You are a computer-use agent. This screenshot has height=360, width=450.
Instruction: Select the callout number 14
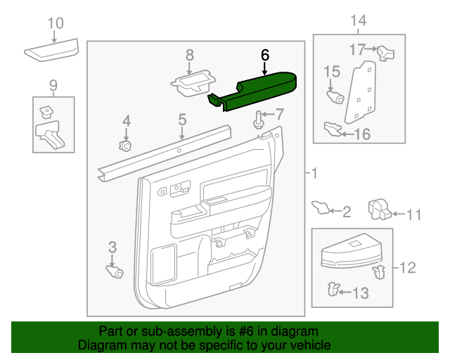(358, 20)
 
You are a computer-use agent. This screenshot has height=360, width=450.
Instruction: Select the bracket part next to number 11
(380, 209)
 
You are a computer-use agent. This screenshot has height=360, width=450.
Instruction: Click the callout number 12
(408, 267)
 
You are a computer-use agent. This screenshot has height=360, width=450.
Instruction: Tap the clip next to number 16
(332, 128)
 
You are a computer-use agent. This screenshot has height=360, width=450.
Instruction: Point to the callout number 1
(314, 173)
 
